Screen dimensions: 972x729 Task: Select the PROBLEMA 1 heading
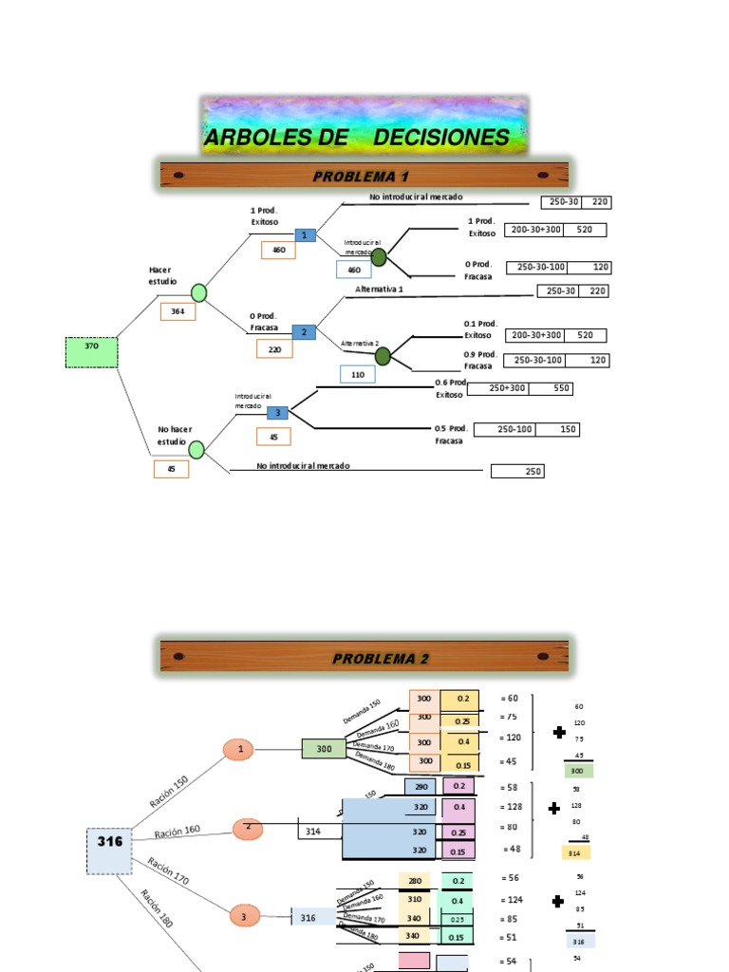click(364, 176)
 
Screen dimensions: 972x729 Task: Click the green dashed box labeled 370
click(92, 351)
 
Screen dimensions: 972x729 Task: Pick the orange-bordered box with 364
click(178, 311)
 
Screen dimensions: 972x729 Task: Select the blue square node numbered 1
click(305, 235)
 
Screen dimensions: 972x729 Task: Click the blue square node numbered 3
click(278, 412)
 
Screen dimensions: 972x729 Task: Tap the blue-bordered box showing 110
click(358, 374)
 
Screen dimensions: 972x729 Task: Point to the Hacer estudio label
click(160, 275)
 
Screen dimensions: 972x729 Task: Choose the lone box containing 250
click(517, 471)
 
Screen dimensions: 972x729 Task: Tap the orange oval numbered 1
click(241, 749)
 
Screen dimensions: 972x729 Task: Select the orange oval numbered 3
click(244, 916)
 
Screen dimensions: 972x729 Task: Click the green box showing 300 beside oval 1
click(324, 749)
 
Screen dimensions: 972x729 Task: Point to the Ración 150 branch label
click(169, 791)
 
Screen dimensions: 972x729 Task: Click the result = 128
click(513, 807)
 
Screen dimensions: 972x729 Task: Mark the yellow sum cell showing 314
click(575, 852)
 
